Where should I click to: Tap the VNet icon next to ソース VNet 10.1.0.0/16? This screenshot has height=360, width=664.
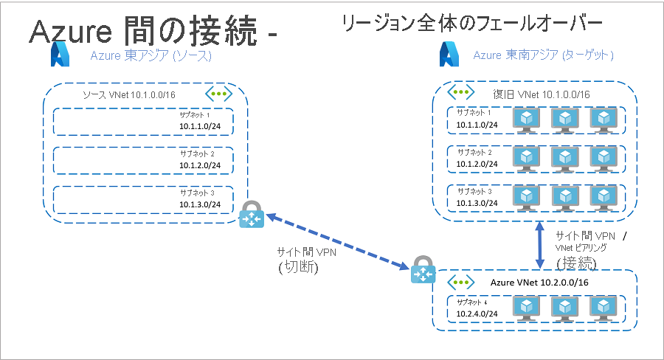pos(218,94)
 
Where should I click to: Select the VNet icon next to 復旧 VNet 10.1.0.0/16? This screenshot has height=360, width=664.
pos(461,92)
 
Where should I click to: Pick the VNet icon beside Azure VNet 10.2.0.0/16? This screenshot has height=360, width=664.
pos(461,283)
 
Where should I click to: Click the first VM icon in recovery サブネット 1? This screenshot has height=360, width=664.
pos(526,120)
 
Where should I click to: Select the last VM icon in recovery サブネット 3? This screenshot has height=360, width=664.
pos(604,196)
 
